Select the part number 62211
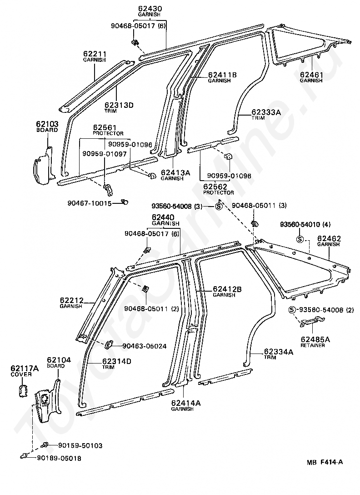95,54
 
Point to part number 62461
311,74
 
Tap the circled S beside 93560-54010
300,239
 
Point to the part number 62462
329,238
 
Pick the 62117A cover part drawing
23,390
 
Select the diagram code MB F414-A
324,463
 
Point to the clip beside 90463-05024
110,344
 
